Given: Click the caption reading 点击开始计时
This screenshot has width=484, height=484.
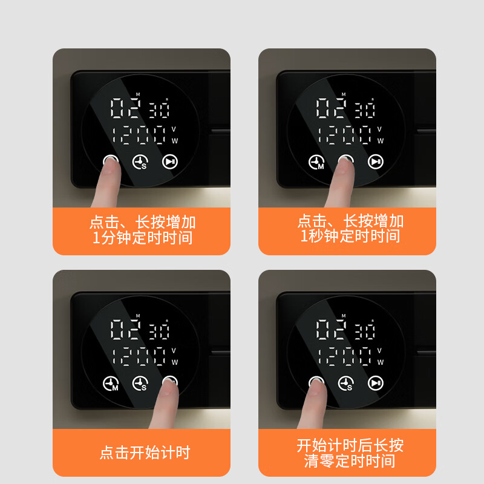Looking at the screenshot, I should point(145,453).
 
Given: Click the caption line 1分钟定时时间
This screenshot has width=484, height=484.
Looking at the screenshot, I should point(142,238).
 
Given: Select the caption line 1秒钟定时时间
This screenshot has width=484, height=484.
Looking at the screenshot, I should point(350,236).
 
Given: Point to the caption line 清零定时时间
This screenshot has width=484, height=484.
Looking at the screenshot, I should point(350,461).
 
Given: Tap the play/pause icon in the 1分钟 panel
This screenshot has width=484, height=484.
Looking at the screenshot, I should point(170,162).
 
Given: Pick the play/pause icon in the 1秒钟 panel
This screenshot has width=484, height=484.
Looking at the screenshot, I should point(376,162).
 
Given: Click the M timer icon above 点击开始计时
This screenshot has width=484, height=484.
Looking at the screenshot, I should point(111,384).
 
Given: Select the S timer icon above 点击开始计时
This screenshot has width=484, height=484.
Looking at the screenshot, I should point(140,384).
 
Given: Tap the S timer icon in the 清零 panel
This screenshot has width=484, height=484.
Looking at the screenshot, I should point(346,384).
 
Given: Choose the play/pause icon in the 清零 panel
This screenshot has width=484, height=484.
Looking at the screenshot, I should point(376,383).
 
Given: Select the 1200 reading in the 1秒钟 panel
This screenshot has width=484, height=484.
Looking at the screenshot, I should point(345,134).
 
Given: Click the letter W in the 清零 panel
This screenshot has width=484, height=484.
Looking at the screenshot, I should point(380,362).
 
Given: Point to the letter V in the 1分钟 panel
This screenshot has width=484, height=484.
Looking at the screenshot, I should point(174,129).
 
